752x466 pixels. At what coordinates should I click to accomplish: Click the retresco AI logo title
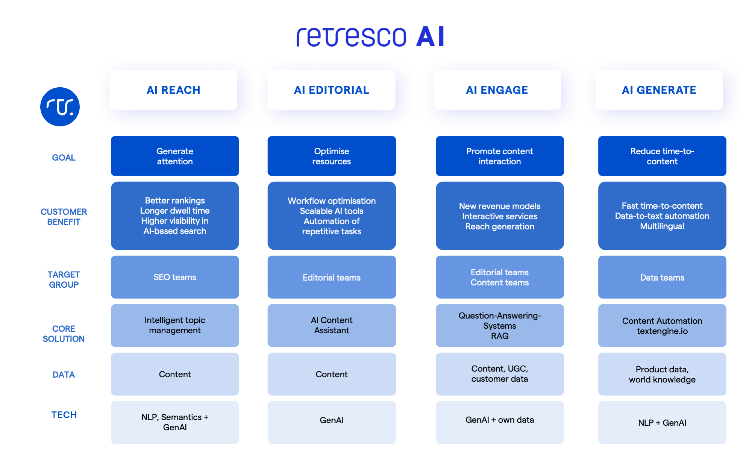(x=370, y=37)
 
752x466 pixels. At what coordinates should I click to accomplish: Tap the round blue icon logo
(x=60, y=107)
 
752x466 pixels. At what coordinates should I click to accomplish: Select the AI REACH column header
(x=173, y=90)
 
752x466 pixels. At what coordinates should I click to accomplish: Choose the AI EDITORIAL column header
(x=331, y=90)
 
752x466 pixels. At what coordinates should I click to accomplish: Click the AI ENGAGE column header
(x=497, y=90)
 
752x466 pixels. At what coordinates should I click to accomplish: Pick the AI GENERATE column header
(x=659, y=90)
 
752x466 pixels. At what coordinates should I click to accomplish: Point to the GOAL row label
(x=64, y=158)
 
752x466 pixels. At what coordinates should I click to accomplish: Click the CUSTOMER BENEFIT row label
(x=64, y=217)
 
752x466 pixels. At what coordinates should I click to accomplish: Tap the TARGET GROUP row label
(x=64, y=279)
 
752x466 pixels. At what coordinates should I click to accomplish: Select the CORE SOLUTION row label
(x=64, y=334)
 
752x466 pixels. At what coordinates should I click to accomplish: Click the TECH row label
(x=64, y=415)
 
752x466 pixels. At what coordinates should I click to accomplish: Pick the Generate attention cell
(x=175, y=156)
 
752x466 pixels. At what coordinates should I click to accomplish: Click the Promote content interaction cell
(x=499, y=156)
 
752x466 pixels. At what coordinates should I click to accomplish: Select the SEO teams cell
(x=175, y=277)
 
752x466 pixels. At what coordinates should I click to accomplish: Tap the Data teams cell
(x=662, y=278)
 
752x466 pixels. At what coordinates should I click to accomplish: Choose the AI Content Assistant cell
(x=331, y=325)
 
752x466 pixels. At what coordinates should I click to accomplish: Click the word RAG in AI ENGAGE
(x=499, y=336)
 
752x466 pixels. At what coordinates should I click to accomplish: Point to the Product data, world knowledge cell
(x=662, y=374)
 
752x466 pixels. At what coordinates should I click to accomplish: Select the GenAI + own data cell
(x=499, y=420)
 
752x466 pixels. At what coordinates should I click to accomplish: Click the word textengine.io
(x=662, y=331)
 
